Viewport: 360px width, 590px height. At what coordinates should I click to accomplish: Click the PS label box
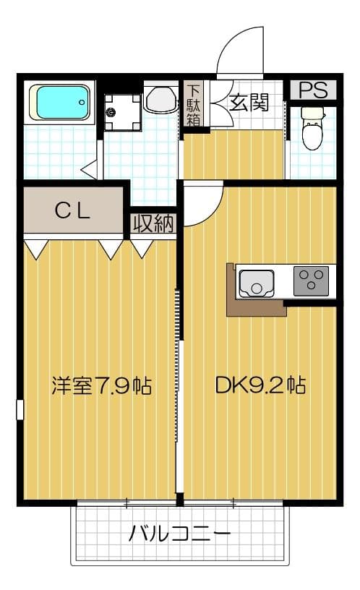313,90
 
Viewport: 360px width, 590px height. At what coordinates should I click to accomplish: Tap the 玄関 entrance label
249,103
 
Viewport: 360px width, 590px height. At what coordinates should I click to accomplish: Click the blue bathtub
61,103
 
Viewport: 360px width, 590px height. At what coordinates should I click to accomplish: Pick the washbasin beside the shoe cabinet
160,100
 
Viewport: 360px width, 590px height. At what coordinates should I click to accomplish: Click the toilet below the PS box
312,129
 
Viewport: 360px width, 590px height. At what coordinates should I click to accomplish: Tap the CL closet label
72,210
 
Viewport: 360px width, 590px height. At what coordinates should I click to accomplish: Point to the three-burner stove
311,281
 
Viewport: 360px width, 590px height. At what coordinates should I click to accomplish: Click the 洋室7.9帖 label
100,385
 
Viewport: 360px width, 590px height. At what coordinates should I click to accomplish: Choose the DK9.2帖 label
260,385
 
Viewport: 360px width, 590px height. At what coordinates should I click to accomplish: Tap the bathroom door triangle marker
90,171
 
